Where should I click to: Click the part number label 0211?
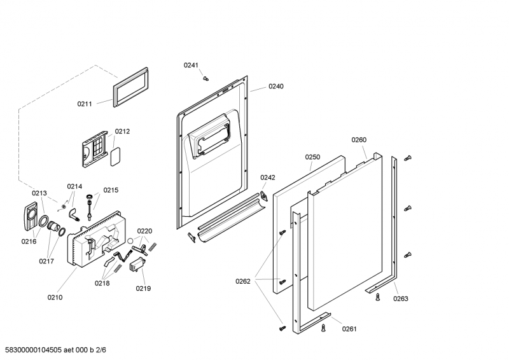tap(85, 104)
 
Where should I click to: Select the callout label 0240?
tap(275, 86)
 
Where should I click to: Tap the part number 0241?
tap(192, 65)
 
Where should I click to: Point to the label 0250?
tap(312, 156)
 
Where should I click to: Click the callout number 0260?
tap(359, 140)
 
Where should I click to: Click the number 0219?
tap(143, 288)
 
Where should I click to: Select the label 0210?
tap(55, 296)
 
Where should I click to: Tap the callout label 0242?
tap(267, 177)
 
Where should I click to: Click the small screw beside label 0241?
tap(206, 78)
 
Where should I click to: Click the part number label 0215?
tap(111, 190)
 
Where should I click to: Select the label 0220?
tap(144, 231)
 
